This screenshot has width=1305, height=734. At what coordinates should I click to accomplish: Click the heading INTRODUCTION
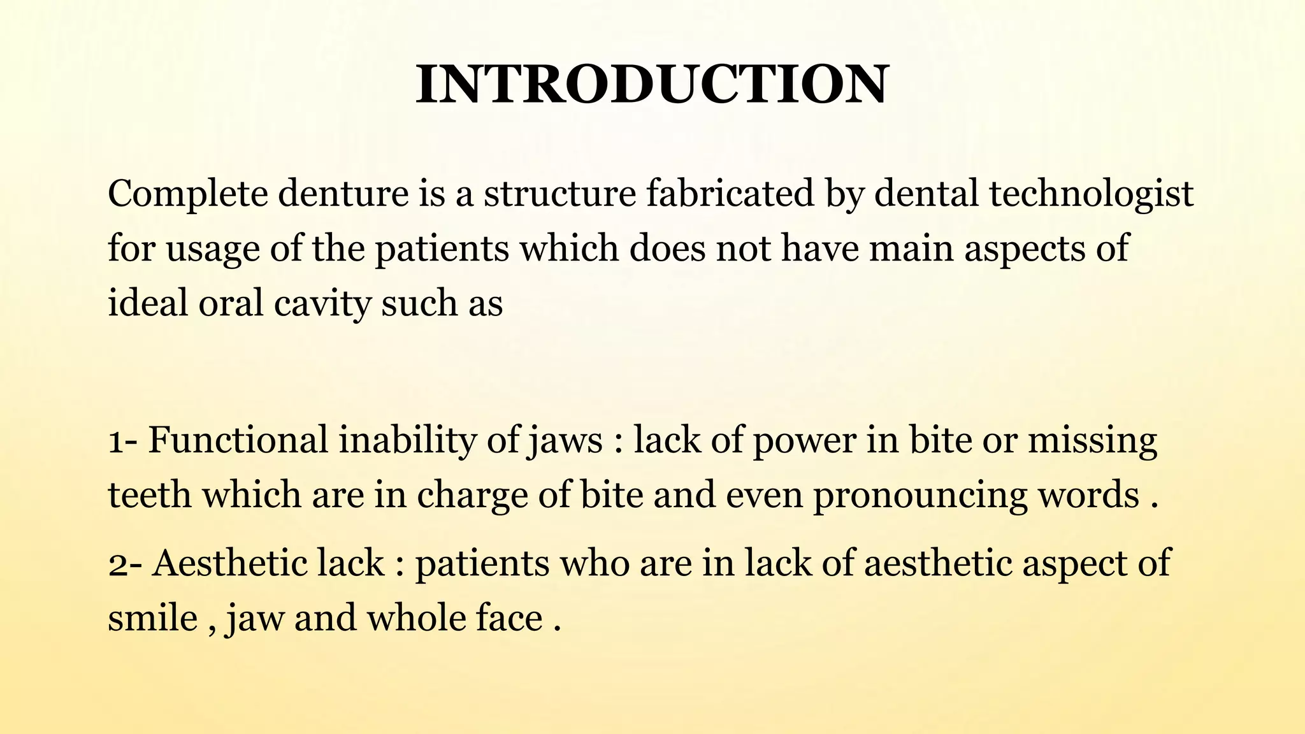[x=652, y=85]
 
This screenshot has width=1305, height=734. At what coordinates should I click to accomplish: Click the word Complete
[x=188, y=194]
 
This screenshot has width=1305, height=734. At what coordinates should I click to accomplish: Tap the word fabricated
[x=730, y=194]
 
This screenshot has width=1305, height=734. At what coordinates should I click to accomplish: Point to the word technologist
[x=1091, y=195]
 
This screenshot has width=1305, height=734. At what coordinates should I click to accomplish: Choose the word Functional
[x=238, y=440]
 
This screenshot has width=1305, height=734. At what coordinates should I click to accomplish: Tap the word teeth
[x=149, y=496]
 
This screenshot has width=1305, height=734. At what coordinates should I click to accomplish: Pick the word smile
[x=152, y=618]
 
